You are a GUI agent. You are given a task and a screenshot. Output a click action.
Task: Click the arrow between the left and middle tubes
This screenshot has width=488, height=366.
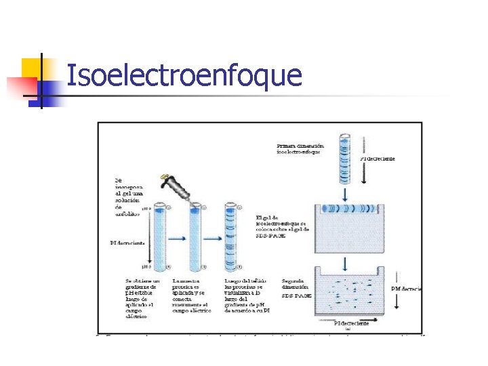point(178,238)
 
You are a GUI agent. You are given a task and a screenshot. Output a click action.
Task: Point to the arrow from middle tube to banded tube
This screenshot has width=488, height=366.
point(213,238)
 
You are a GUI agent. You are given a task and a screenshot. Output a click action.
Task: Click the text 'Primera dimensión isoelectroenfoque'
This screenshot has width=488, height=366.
point(300,148)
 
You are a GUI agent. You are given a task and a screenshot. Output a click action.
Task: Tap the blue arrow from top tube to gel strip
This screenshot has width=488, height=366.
point(345,194)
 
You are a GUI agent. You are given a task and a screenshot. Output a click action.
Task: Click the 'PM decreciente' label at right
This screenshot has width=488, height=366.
point(406,289)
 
